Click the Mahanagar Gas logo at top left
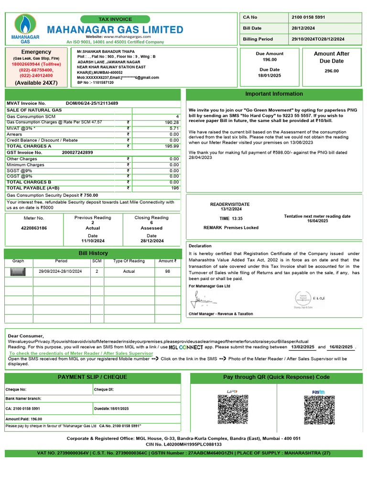25,29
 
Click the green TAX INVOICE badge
115,19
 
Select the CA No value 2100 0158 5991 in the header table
308,17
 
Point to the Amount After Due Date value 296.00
331,71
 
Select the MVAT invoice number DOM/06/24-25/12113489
92,103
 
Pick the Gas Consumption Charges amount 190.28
172,122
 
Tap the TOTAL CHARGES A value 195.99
172,146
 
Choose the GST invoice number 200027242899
77,152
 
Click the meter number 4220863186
34,228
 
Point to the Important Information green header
274,94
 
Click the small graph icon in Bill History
18,272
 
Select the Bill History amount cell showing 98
168,272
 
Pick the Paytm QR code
319,409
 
